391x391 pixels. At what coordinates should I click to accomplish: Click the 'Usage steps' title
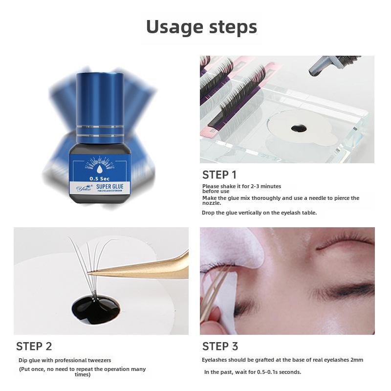click(x=201, y=27)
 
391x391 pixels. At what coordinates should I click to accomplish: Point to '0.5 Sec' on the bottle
click(x=96, y=178)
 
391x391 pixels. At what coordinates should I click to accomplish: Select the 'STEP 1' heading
click(x=220, y=175)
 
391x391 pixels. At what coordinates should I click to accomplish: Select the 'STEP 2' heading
click(x=34, y=347)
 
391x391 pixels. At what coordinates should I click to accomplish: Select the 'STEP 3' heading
click(x=220, y=347)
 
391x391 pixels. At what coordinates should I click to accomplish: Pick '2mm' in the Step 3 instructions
click(x=357, y=360)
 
